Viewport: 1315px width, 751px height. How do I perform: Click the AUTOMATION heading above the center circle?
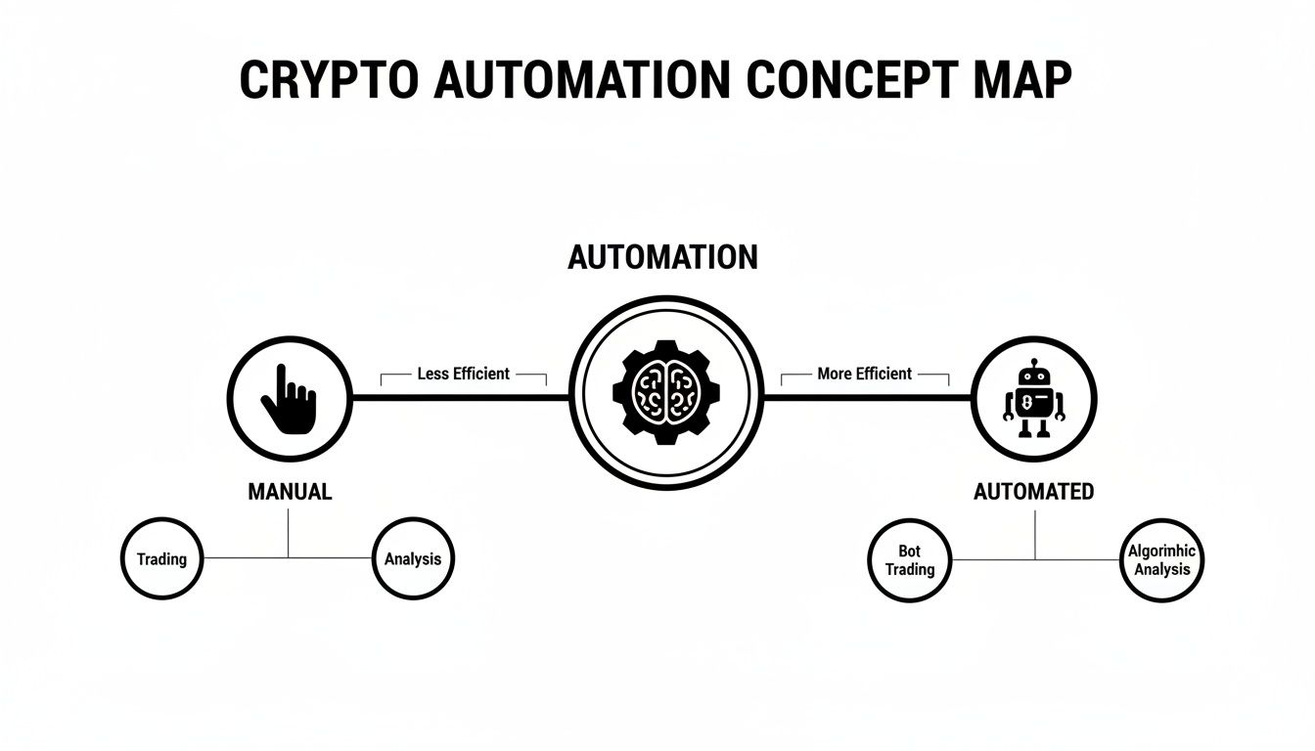click(x=662, y=257)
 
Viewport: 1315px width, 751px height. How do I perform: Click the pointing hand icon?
click(x=289, y=399)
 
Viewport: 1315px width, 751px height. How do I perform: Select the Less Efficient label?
click(x=463, y=374)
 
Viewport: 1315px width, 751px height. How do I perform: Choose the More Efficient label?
click(x=864, y=374)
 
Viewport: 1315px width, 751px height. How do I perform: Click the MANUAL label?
click(x=290, y=492)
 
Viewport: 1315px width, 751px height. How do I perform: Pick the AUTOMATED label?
click(x=1034, y=492)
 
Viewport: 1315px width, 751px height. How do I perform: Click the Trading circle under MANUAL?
click(x=161, y=559)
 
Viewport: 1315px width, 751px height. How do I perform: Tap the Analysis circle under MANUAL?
click(x=413, y=559)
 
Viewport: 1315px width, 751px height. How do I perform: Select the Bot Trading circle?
click(x=910, y=560)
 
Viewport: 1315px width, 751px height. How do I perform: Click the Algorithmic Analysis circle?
click(x=1161, y=560)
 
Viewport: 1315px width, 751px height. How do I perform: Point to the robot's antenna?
click(x=1034, y=365)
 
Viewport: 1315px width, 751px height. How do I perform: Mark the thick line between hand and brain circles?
click(x=460, y=397)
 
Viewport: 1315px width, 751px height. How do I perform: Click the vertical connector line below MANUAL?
click(x=289, y=533)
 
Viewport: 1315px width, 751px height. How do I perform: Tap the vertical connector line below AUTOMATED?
click(x=1034, y=535)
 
